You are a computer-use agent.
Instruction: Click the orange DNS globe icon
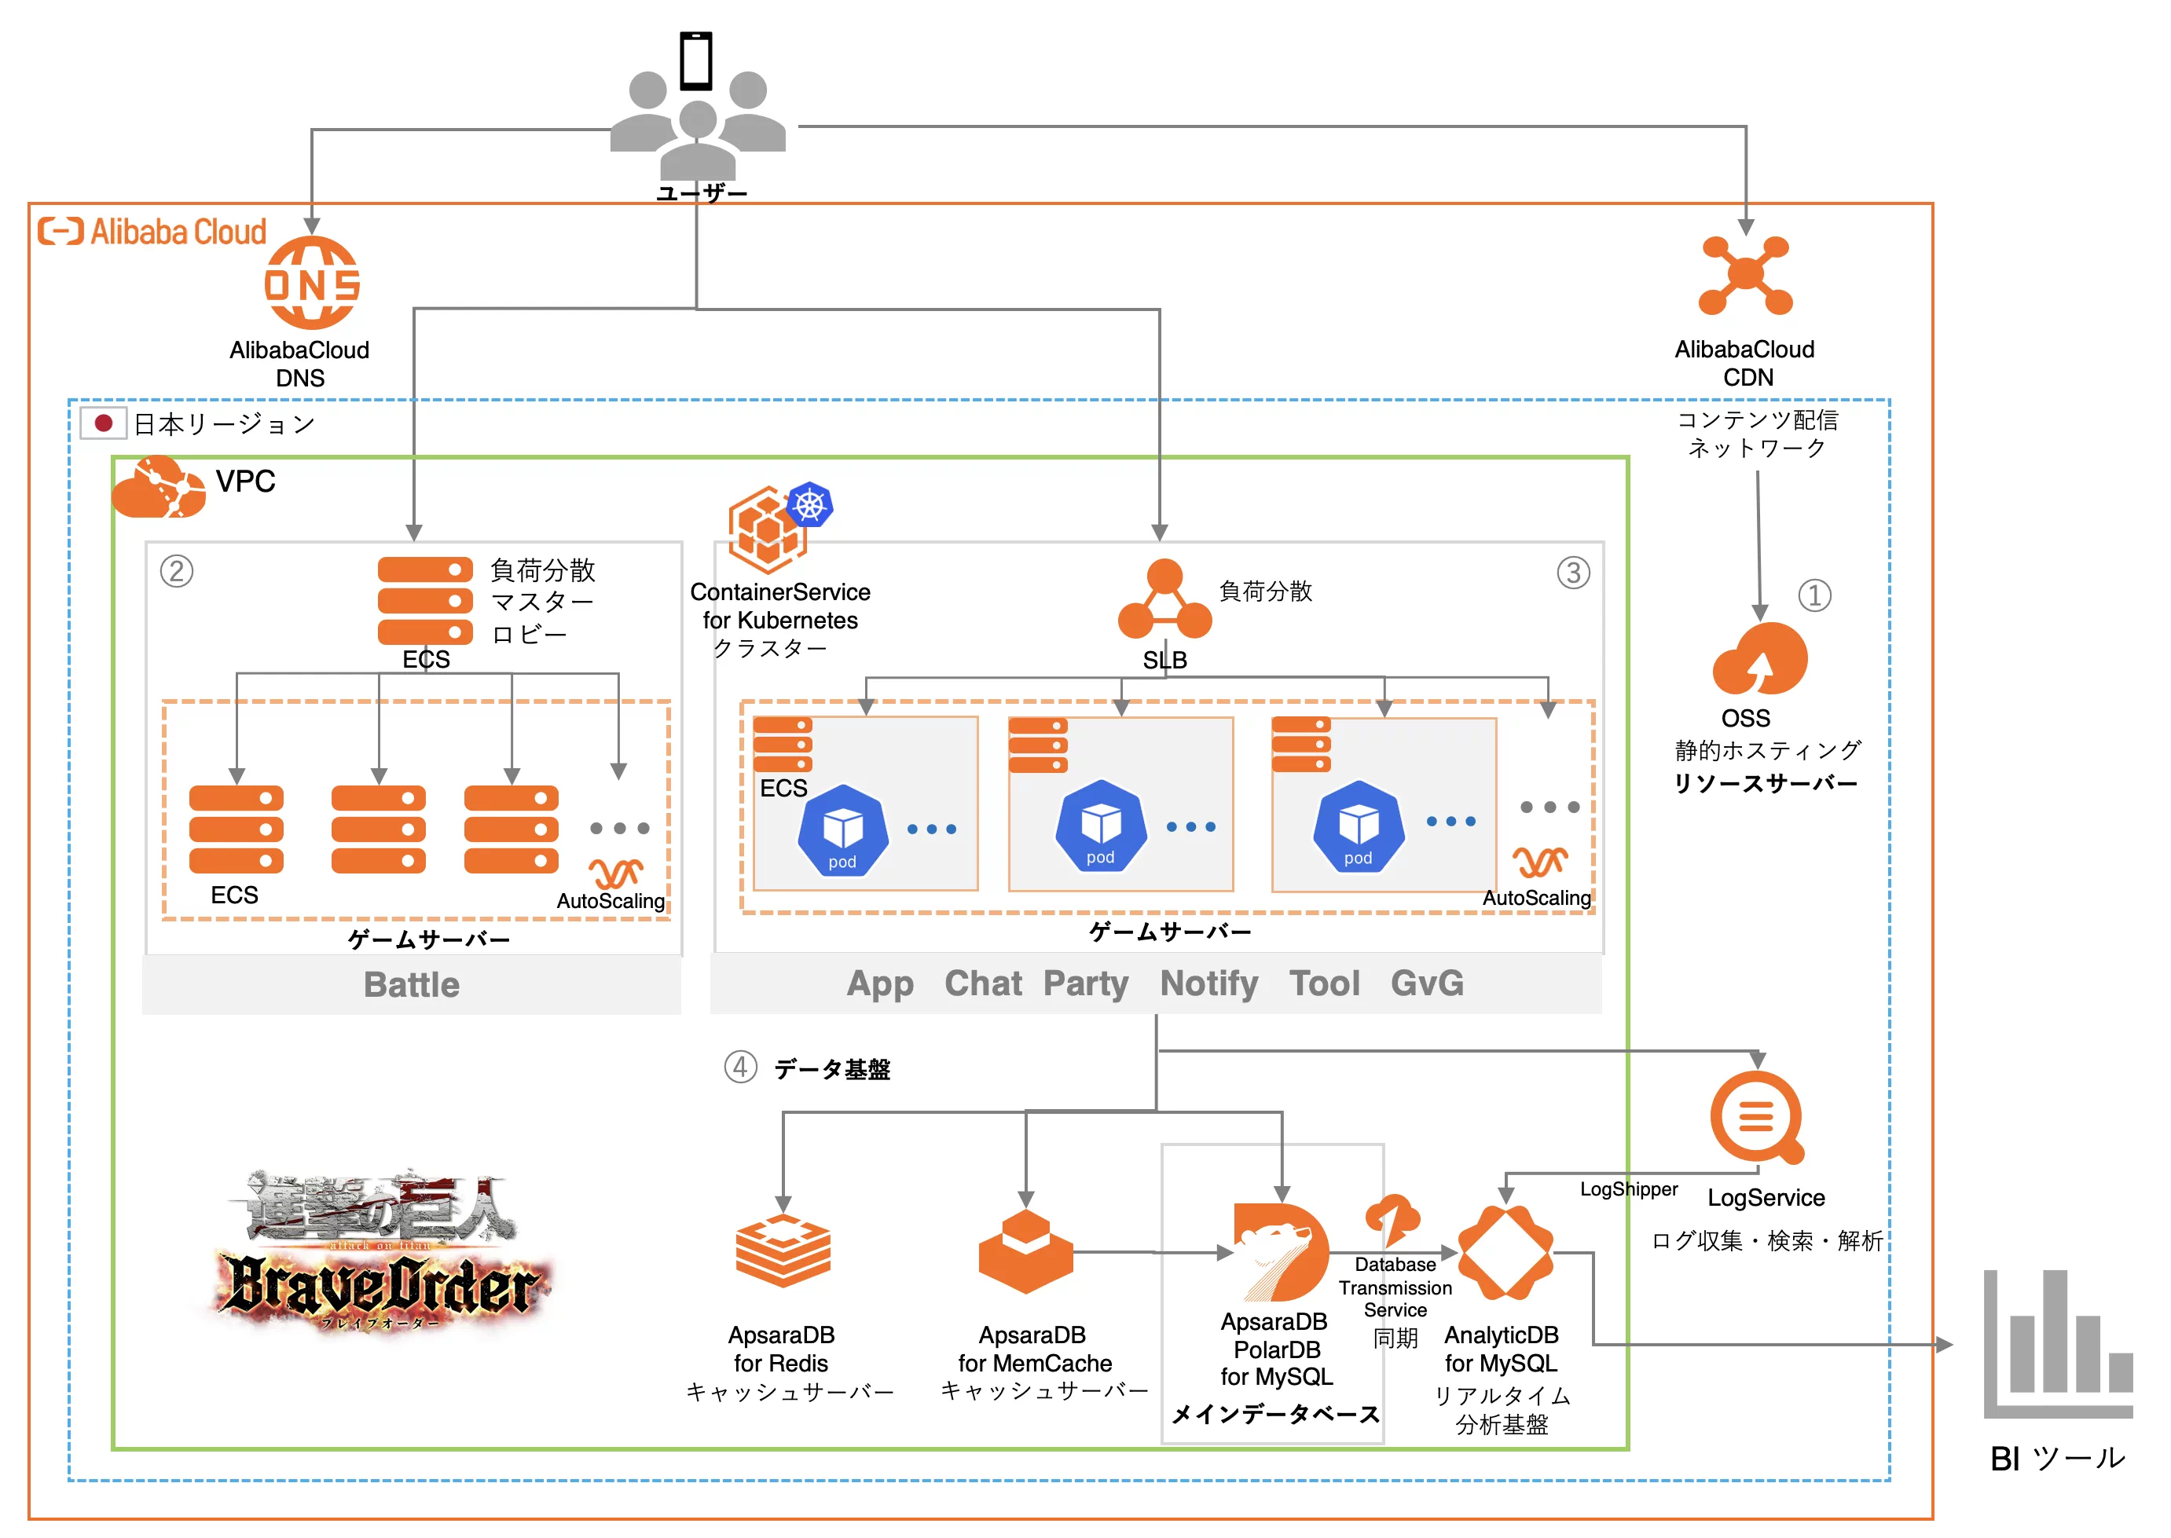(312, 283)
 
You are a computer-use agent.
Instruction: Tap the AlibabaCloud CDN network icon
(1745, 275)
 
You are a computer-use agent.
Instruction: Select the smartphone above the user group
(696, 60)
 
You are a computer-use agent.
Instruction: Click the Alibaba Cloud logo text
(153, 231)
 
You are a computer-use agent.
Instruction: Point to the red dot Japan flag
(103, 423)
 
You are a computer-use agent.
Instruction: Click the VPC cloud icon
(158, 487)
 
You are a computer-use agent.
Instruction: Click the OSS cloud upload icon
(1759, 660)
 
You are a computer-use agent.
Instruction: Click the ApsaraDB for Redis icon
(783, 1252)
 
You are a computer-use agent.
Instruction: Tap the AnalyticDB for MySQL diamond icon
(1504, 1252)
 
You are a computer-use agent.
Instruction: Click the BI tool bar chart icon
(2057, 1344)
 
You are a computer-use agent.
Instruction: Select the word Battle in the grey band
(411, 985)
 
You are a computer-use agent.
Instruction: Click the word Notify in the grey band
(1208, 983)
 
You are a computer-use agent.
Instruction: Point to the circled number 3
(1572, 572)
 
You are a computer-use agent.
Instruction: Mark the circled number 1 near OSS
(1814, 595)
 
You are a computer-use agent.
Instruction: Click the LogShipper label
(1628, 1189)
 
